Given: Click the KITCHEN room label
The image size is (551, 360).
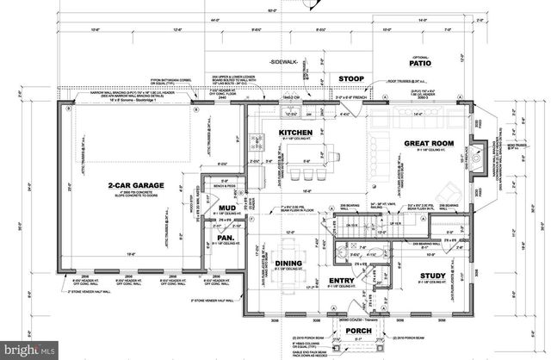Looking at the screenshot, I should tap(295, 133).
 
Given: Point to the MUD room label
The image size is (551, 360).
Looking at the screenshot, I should tap(226, 208).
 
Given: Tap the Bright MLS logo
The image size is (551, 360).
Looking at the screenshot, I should tap(29, 351).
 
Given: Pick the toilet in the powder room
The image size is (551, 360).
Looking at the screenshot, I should tap(367, 255).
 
